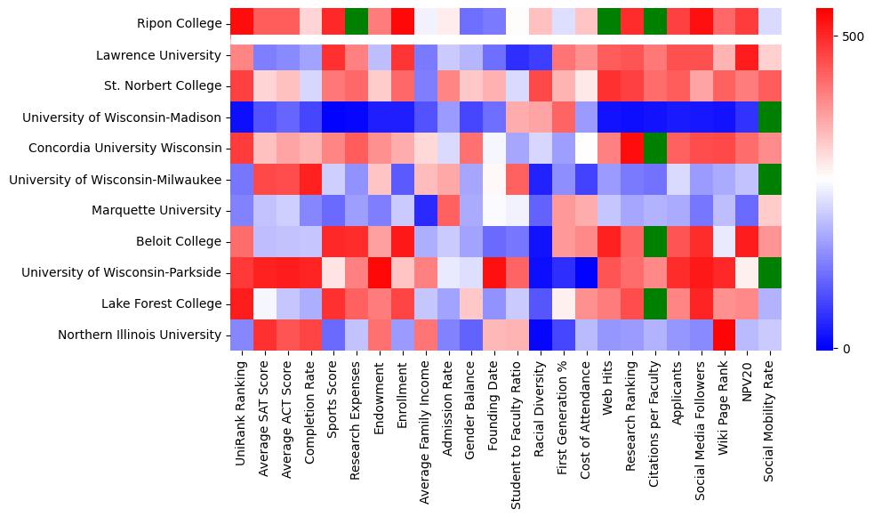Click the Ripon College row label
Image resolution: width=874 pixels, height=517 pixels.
pyautogui.click(x=179, y=24)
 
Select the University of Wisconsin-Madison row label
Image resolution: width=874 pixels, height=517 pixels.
pyautogui.click(x=122, y=117)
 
